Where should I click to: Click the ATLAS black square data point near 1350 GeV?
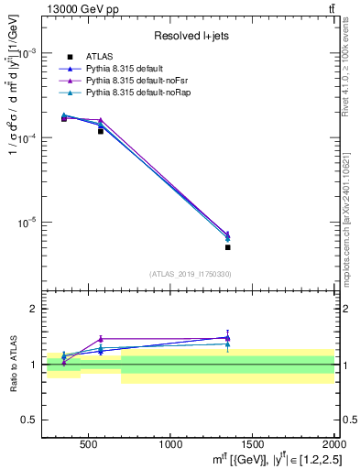[228, 247]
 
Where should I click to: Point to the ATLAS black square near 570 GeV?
[101, 131]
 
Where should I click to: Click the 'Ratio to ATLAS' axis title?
[14, 365]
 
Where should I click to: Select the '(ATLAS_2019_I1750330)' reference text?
[190, 274]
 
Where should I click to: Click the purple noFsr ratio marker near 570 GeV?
[101, 339]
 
